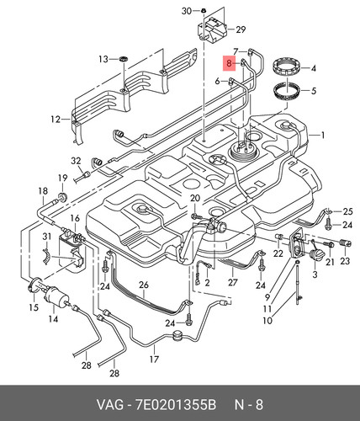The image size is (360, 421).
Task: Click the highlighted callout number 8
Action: click(x=229, y=63)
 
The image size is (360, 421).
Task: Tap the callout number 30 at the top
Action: click(x=187, y=11)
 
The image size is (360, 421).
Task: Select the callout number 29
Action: click(x=241, y=29)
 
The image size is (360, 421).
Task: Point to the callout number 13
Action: click(x=103, y=59)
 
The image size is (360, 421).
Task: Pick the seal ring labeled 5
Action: click(x=287, y=91)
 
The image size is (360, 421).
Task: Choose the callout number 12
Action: click(x=56, y=120)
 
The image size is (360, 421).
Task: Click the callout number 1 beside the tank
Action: click(x=323, y=136)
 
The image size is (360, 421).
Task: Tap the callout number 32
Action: click(x=76, y=161)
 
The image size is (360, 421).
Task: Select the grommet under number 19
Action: click(x=62, y=197)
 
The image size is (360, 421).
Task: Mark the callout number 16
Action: click(x=75, y=218)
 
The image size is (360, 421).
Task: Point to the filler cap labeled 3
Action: click(x=317, y=255)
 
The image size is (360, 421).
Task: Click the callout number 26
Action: click(x=144, y=285)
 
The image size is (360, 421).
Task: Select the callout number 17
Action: click(x=154, y=359)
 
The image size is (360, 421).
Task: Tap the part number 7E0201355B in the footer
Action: click(x=176, y=405)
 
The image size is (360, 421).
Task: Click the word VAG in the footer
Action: click(x=110, y=405)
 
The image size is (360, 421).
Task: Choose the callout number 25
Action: click(x=347, y=211)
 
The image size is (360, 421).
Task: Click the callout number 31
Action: click(x=47, y=237)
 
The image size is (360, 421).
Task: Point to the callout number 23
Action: click(x=345, y=261)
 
